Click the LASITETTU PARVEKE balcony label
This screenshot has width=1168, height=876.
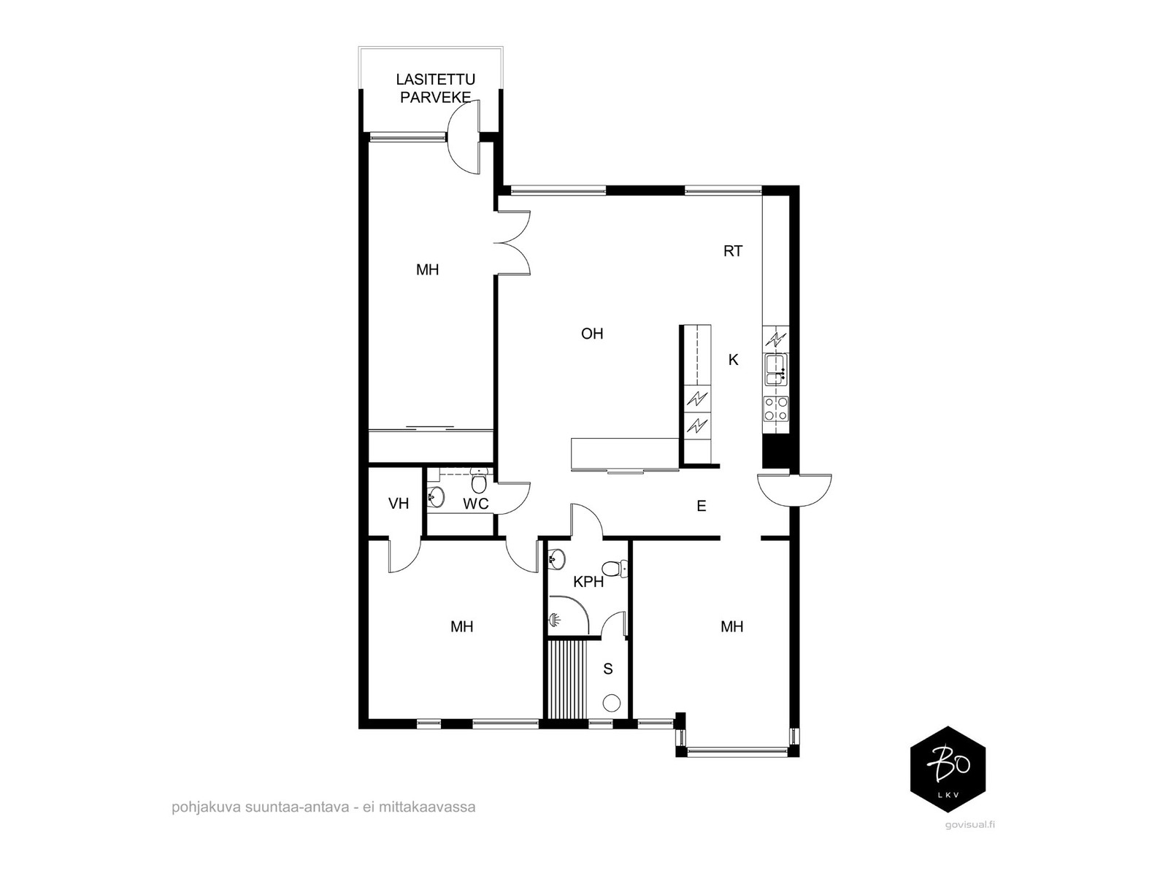[435, 88]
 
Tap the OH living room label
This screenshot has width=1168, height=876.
[592, 334]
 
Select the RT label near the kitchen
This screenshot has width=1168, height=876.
[733, 251]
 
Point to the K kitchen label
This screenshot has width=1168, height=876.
[733, 360]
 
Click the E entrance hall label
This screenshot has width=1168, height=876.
[702, 506]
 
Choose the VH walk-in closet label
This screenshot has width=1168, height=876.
[399, 503]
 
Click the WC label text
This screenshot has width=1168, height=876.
[476, 504]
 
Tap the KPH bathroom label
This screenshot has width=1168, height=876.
[588, 582]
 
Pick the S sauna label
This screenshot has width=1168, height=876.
[607, 669]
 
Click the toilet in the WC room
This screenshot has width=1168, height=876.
[479, 481]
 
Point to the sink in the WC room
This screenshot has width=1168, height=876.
[435, 497]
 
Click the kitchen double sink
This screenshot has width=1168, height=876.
[777, 369]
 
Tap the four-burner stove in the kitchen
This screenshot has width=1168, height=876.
[777, 409]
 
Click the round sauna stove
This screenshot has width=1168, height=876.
[612, 703]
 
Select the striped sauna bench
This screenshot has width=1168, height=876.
[567, 679]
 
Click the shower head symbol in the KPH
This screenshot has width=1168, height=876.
[554, 620]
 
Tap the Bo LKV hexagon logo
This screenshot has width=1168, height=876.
[948, 769]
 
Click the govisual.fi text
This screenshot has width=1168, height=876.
[970, 839]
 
